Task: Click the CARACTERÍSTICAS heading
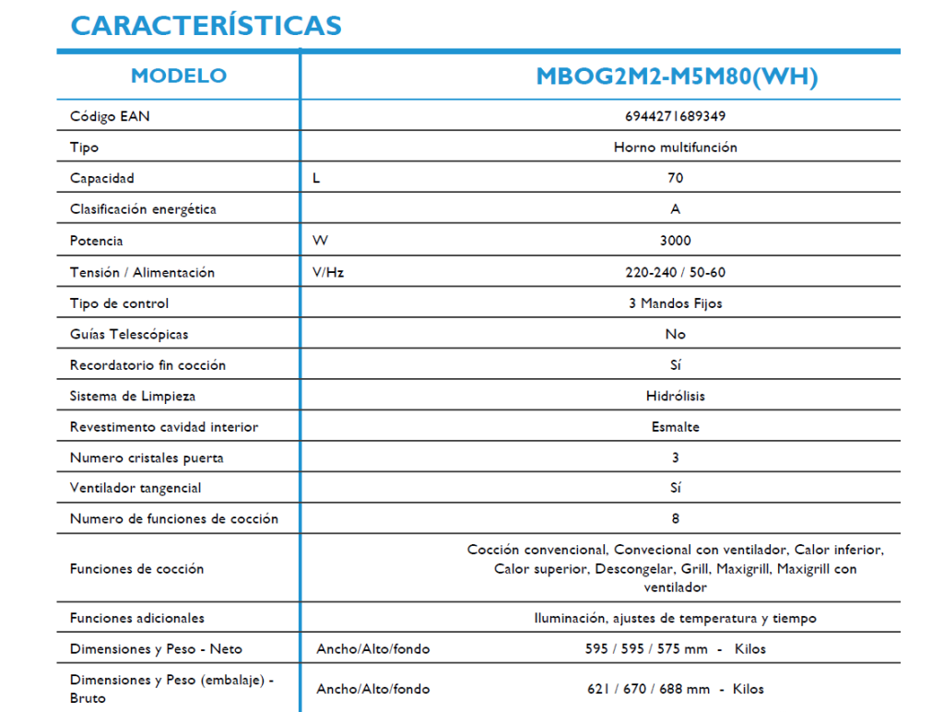coord(206,25)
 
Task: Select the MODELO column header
coord(179,76)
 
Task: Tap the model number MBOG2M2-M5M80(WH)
coord(677,77)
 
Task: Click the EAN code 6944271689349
coord(676,116)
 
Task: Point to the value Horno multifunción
coord(676,147)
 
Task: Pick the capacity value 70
coord(676,178)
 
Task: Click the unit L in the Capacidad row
coord(317,178)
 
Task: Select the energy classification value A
coord(676,209)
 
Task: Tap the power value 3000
coord(676,241)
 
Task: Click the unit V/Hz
coord(328,272)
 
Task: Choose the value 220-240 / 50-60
coord(676,272)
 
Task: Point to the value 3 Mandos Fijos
coord(676,303)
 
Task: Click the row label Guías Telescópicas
coord(129,334)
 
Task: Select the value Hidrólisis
coord(676,396)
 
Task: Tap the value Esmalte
coord(676,427)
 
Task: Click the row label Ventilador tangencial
coord(136,488)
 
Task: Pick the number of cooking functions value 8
coord(676,518)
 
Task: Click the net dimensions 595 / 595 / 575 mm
coord(646,648)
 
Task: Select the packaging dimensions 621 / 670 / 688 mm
coord(648,688)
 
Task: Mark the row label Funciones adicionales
coord(137,618)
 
